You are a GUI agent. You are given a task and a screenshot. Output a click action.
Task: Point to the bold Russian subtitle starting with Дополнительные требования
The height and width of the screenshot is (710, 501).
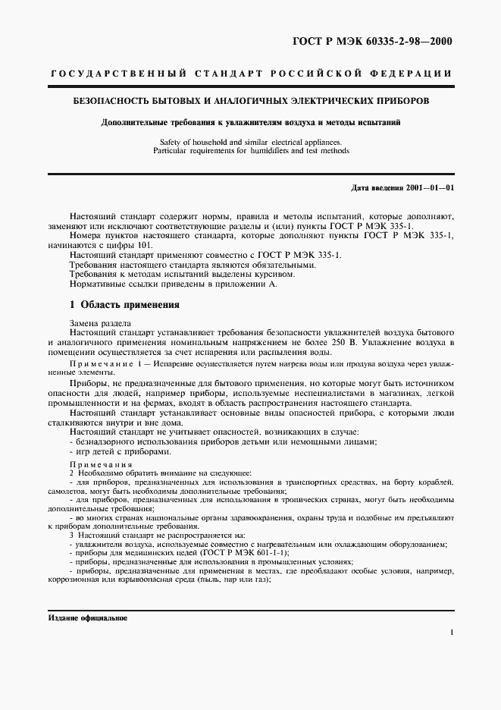click(251, 121)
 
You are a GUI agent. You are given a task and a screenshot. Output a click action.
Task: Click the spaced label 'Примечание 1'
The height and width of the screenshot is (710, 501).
click(108, 365)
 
